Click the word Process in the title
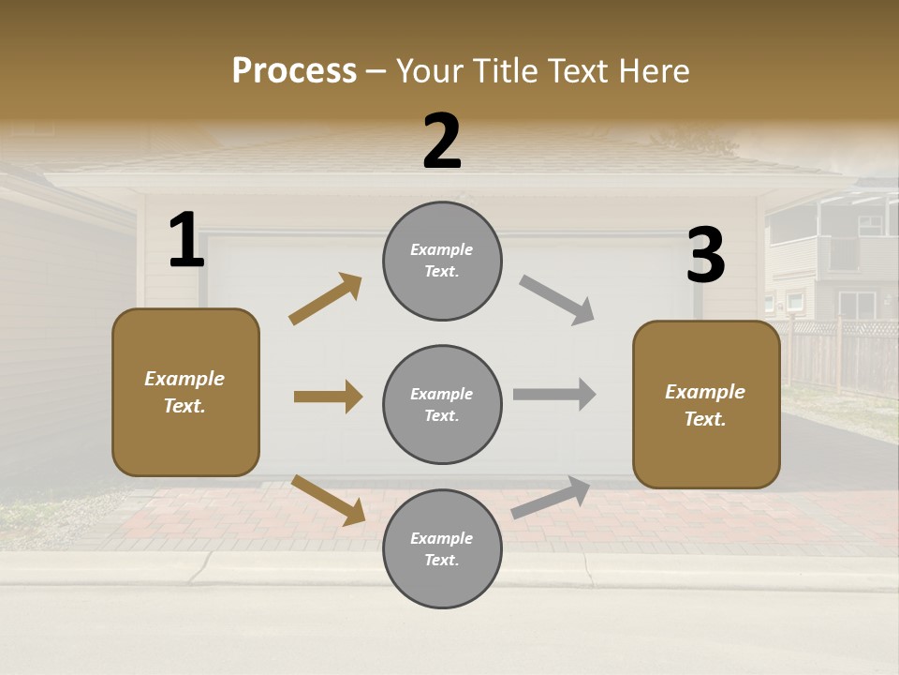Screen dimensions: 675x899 click(294, 71)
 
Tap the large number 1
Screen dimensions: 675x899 click(186, 240)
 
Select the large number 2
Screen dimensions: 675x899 click(442, 142)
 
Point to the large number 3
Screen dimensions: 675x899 click(705, 255)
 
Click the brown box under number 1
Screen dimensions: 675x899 click(185, 392)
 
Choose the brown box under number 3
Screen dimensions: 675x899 click(706, 404)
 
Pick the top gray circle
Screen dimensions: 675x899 click(442, 261)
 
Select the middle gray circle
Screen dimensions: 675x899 click(442, 404)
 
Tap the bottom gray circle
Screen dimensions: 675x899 click(442, 548)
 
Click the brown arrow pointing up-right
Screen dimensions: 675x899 click(325, 299)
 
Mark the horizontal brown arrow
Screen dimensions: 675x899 click(328, 397)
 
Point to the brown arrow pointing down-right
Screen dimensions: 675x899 click(328, 499)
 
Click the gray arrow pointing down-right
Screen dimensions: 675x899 click(556, 300)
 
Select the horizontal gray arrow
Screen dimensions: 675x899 click(553, 394)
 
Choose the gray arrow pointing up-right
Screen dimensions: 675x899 click(551, 498)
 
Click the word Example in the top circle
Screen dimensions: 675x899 click(441, 249)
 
